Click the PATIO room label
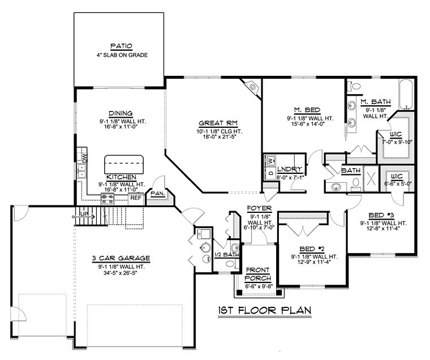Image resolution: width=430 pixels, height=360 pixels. (121, 46)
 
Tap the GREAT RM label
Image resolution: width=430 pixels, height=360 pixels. (218, 123)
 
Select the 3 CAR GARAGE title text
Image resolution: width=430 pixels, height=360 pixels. (121, 258)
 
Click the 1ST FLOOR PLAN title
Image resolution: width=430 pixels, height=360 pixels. (265, 310)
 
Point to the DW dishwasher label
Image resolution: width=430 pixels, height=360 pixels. (84, 157)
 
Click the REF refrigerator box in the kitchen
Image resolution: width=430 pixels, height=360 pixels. (136, 198)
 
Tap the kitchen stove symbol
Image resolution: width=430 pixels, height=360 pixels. (107, 199)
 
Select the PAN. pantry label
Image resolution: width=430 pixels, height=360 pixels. (158, 193)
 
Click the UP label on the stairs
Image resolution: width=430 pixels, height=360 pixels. (84, 214)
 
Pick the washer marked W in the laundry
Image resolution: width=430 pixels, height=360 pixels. (270, 160)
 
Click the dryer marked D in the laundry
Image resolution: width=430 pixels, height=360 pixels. (270, 173)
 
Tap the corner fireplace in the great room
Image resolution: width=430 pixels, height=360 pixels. (251, 87)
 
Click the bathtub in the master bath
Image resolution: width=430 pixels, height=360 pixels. (406, 94)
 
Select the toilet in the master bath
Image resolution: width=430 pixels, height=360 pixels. (354, 86)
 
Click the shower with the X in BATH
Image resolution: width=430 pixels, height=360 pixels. (371, 179)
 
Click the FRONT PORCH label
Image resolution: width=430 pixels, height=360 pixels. (258, 274)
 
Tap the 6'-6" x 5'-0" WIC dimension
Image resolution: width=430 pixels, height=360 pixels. (398, 183)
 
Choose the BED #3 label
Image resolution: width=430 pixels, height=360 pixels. (381, 215)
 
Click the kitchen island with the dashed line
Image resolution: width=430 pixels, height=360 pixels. (124, 164)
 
